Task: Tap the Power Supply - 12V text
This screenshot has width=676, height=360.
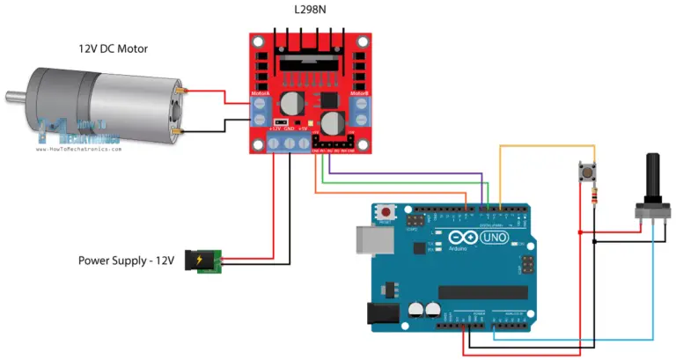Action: pyautogui.click(x=127, y=261)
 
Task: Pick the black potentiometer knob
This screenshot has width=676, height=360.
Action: pyautogui.click(x=653, y=177)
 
